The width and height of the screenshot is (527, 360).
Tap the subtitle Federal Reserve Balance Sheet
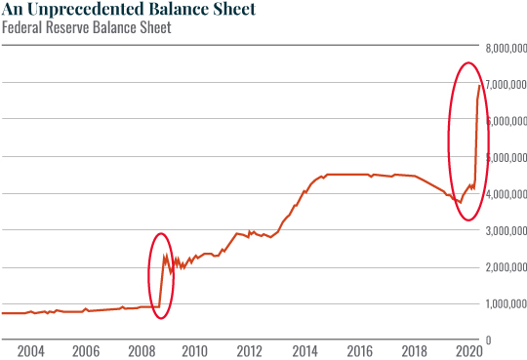point(86,27)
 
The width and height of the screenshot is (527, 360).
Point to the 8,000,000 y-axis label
point(506,47)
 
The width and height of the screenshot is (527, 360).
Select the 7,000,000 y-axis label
point(506,84)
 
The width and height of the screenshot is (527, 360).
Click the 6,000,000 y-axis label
point(506,121)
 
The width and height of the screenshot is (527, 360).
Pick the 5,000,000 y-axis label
point(506,157)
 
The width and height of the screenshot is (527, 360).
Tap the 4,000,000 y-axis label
point(506,194)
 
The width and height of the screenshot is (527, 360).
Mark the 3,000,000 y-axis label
point(506,231)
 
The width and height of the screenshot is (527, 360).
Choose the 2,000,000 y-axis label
point(506,267)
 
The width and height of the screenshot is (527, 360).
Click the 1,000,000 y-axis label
point(506,304)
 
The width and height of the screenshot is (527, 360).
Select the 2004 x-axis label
point(29,350)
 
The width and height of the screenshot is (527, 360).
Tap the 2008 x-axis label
point(139,350)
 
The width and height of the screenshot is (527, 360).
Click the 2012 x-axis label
point(249,350)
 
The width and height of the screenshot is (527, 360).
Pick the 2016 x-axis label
point(359,350)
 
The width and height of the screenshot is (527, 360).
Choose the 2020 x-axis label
point(468,350)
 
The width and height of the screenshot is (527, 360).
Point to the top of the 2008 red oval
point(162,233)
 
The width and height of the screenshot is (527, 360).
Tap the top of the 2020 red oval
point(468,62)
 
